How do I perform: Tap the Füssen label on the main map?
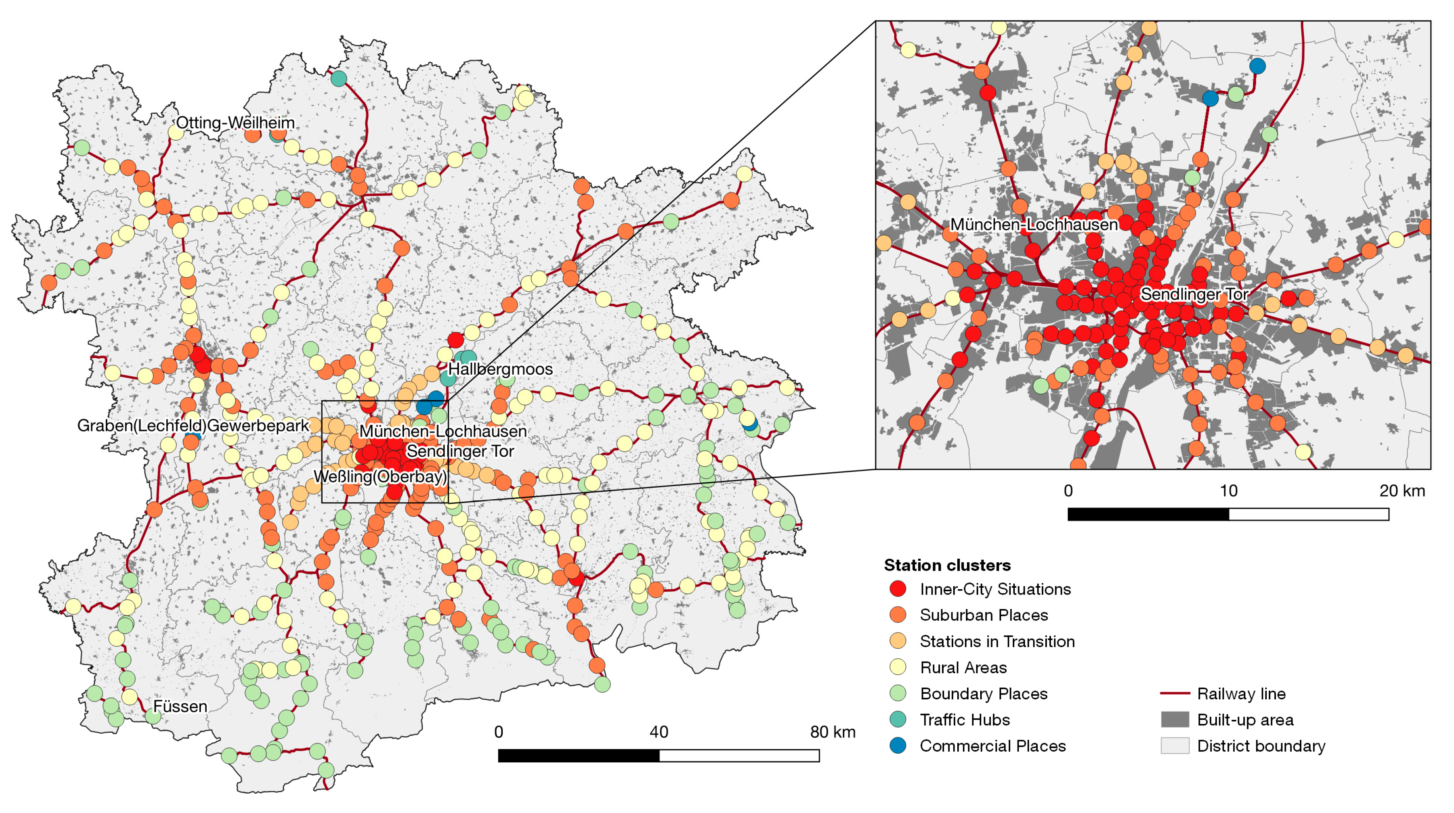click(x=180, y=707)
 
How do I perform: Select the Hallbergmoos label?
click(x=500, y=369)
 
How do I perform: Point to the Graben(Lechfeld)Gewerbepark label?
click(x=193, y=425)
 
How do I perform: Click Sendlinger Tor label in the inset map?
click(x=1194, y=294)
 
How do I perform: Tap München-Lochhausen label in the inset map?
click(x=1034, y=225)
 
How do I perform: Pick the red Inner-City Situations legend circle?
click(x=897, y=589)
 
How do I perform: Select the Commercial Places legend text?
click(x=992, y=746)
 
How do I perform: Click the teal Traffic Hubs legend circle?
click(x=897, y=719)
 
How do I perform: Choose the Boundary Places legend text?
click(x=983, y=693)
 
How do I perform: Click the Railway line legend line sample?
click(x=1175, y=693)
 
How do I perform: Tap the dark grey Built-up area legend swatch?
click(x=1175, y=719)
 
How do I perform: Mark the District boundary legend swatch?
click(x=1175, y=746)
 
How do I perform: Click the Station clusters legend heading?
click(x=947, y=565)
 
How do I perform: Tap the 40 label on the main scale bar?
click(x=659, y=732)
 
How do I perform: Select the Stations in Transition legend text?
click(x=997, y=641)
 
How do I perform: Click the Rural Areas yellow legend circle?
click(x=897, y=668)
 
